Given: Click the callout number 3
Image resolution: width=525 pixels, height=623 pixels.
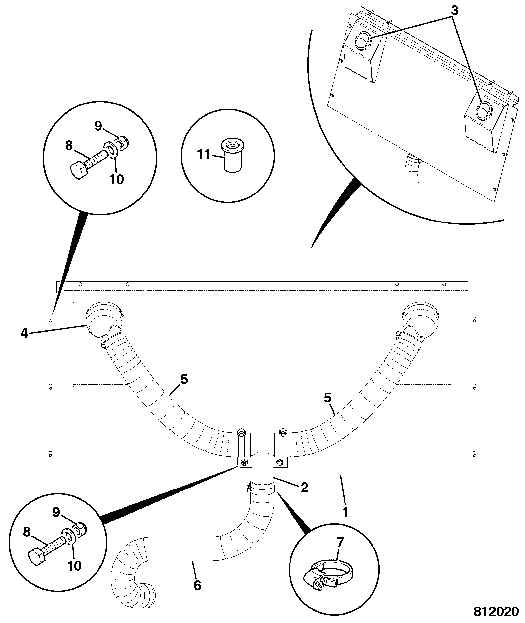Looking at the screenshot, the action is [454, 10].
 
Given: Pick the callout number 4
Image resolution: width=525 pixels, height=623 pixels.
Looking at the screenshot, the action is [24, 334].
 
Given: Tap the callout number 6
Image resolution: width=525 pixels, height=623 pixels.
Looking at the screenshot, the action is [197, 585].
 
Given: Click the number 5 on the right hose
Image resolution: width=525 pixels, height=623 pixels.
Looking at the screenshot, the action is [327, 398].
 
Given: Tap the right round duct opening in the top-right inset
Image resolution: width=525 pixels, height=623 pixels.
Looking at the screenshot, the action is [483, 110].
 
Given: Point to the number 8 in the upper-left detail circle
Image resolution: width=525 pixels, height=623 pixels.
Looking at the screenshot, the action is [69, 146].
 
